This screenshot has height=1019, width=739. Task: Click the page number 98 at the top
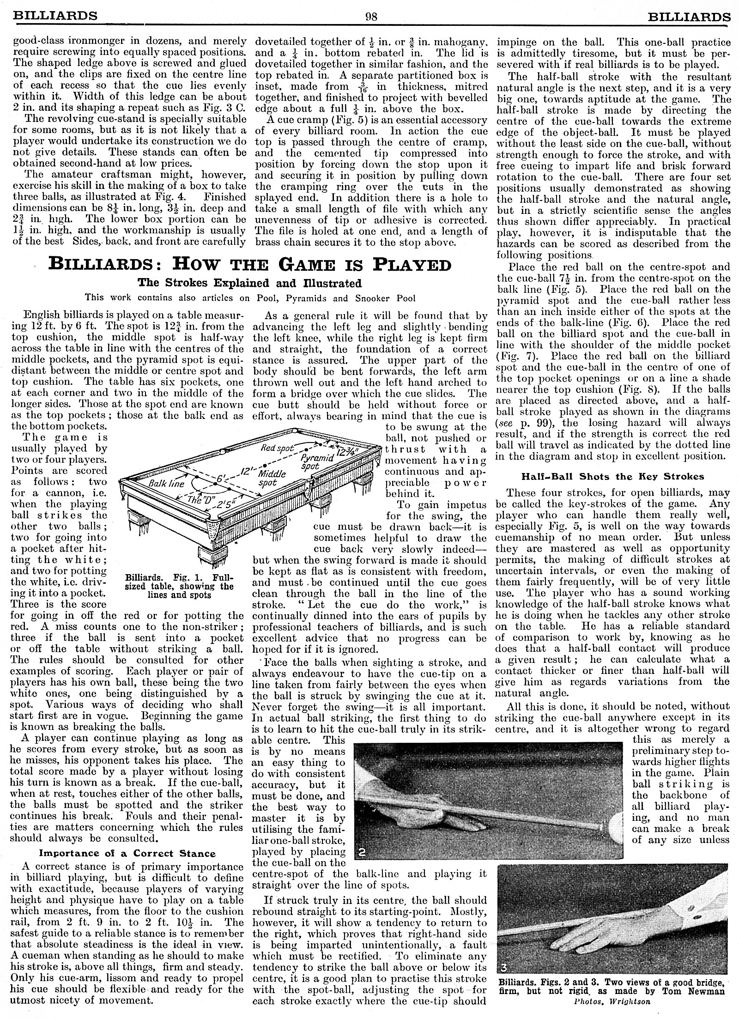pyautogui.click(x=371, y=17)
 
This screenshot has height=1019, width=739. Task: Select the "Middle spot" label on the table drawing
pyautogui.click(x=271, y=478)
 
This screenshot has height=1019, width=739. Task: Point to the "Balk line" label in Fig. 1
pyautogui.click(x=166, y=484)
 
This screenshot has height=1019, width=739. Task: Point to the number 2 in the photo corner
pyautogui.click(x=363, y=853)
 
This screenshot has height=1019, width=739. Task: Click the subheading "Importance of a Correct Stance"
pyautogui.click(x=127, y=854)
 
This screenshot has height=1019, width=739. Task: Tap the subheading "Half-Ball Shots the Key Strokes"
pyautogui.click(x=612, y=476)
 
